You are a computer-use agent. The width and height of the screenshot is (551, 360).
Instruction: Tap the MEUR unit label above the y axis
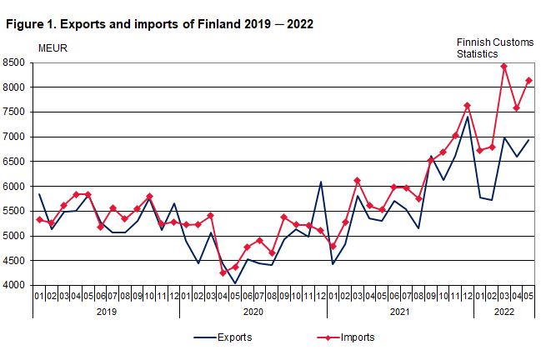pos(53,47)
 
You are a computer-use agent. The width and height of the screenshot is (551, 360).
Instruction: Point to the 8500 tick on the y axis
pos(17,62)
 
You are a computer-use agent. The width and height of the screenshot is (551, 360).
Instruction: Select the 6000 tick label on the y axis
pos(17,187)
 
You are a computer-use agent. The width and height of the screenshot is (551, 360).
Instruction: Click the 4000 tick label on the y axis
pos(17,286)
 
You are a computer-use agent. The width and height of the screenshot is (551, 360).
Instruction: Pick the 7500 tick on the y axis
pos(17,112)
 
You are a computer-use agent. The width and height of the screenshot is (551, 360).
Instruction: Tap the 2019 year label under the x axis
pos(106,312)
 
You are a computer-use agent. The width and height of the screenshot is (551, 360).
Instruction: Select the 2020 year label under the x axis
pos(253,312)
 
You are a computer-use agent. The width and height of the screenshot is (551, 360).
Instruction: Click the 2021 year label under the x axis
pos(399,312)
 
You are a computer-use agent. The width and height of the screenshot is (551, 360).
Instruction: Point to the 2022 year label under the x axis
pos(503,312)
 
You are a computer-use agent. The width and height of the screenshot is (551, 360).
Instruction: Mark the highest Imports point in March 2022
pos(504,67)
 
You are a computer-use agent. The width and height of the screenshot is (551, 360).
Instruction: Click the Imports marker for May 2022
pos(528,81)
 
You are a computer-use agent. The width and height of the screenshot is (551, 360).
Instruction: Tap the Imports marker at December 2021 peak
pos(468,106)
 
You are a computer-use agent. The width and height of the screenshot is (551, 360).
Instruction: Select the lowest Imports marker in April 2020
pos(223,273)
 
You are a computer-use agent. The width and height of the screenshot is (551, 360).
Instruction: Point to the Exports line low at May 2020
pos(235,283)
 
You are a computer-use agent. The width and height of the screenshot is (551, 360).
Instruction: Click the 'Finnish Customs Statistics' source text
pos(493,47)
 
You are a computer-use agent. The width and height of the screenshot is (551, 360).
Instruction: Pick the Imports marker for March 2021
pos(358,181)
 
